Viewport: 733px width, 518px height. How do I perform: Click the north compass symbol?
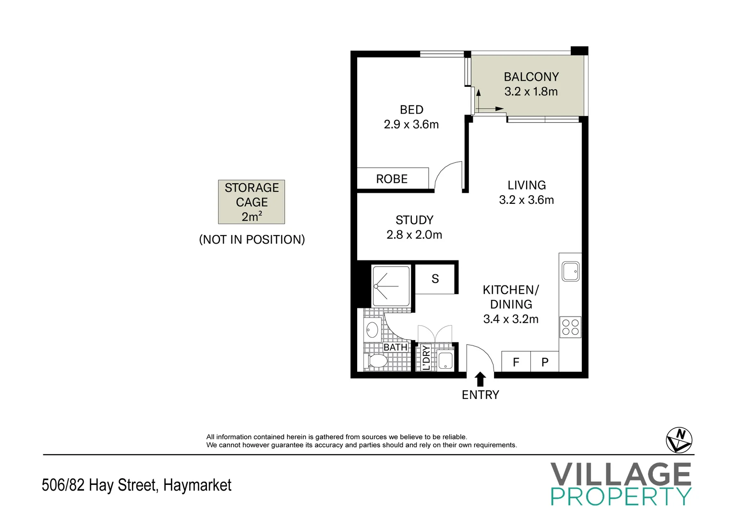coord(679,440)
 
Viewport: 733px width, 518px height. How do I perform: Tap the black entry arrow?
coord(480,379)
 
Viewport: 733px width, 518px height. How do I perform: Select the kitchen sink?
coord(571,271)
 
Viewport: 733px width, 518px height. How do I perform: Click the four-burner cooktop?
coord(570,327)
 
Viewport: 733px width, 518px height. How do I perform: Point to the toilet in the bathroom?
coord(376,361)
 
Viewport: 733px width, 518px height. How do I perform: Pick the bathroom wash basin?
coord(373,330)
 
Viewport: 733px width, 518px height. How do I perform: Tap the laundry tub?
coord(445,361)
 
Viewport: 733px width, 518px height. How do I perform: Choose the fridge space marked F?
coord(516,362)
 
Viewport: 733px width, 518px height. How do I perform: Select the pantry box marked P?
coord(544,362)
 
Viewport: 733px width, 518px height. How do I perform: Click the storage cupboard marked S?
coord(435,279)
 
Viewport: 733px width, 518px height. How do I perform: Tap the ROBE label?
coord(392,179)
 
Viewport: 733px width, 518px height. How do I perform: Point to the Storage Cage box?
coord(252,202)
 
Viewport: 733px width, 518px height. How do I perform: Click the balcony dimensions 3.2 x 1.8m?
coord(531,92)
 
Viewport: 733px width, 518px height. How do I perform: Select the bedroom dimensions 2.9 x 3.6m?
coord(411,124)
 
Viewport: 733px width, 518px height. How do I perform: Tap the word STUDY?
coord(414,220)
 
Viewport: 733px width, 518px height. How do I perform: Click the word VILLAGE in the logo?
coord(621,474)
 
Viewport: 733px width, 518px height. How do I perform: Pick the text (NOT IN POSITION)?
coord(252,240)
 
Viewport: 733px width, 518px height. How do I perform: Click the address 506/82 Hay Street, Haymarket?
coord(136,485)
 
